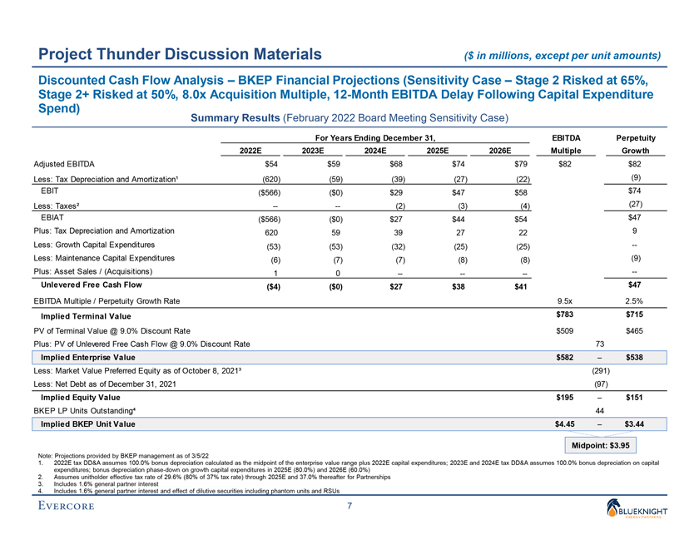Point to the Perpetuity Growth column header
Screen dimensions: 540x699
633,143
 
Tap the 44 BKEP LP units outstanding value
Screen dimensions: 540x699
600,410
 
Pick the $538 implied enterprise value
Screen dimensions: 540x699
635,357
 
